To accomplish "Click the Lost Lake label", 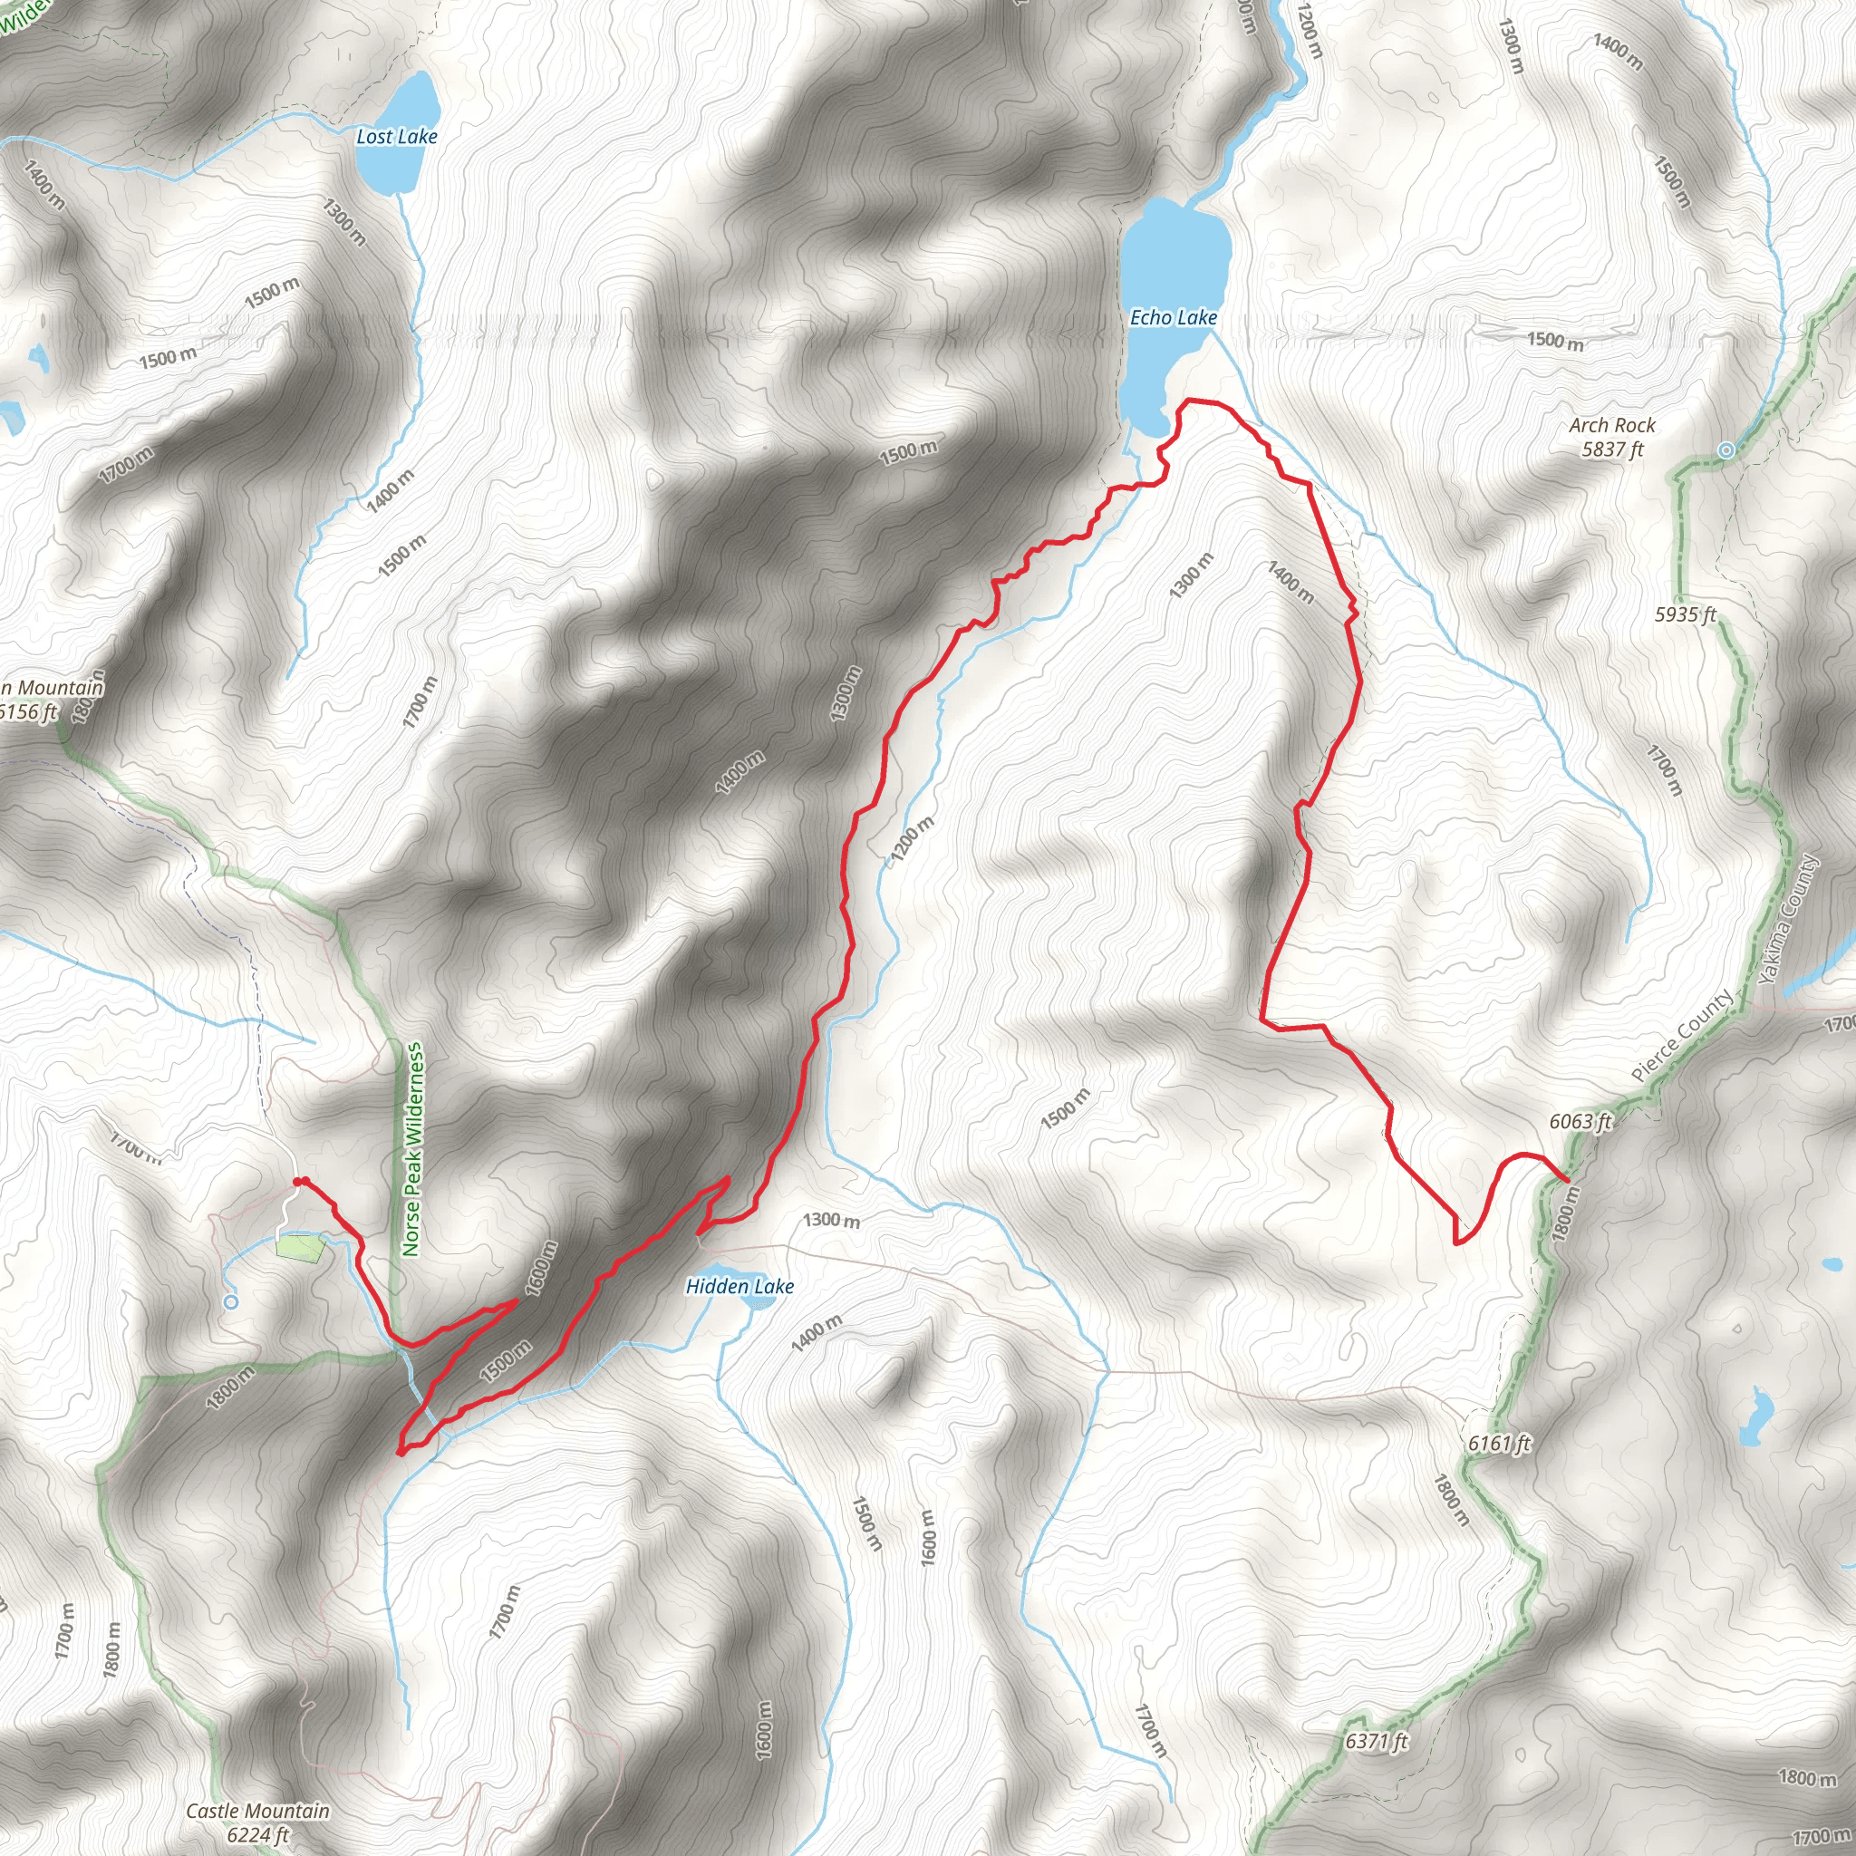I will pyautogui.click(x=396, y=137).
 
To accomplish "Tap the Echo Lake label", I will pyautogui.click(x=1173, y=318).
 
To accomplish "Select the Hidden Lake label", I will pyautogui.click(x=739, y=1286).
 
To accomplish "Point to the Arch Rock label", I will pyautogui.click(x=1612, y=426).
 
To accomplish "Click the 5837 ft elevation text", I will pyautogui.click(x=1613, y=449).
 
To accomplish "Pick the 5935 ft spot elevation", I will pyautogui.click(x=1685, y=614).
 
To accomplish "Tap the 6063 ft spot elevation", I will pyautogui.click(x=1580, y=1122).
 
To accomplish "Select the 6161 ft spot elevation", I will pyautogui.click(x=1499, y=1443).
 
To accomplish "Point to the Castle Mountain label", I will pyautogui.click(x=257, y=1811).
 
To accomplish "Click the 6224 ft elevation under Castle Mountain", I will pyautogui.click(x=257, y=1835).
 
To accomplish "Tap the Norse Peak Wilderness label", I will pyautogui.click(x=412, y=1150).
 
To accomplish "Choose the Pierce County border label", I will pyautogui.click(x=1682, y=1035).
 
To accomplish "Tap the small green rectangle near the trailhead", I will pyautogui.click(x=299, y=1248).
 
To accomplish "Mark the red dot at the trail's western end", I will pyautogui.click(x=299, y=1182).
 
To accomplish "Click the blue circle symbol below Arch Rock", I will pyautogui.click(x=1726, y=449).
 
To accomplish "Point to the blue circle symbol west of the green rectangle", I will pyautogui.click(x=230, y=1301).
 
